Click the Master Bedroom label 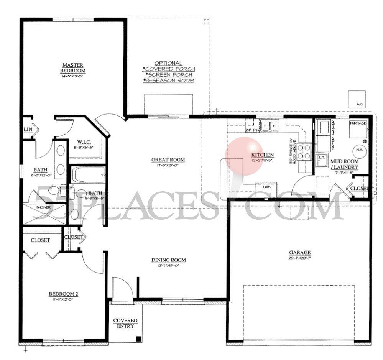(x=73, y=68)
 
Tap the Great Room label (x=168, y=160)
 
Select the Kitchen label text (x=263, y=155)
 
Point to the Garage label (x=300, y=252)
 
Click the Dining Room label (x=168, y=260)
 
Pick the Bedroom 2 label (x=63, y=294)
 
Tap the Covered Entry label (x=125, y=323)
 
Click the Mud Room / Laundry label (x=344, y=164)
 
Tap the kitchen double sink (x=270, y=125)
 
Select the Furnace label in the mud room (x=358, y=123)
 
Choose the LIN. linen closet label (x=29, y=130)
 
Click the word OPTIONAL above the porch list (x=168, y=63)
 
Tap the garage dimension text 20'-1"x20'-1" (x=300, y=258)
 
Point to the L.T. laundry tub (x=322, y=158)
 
